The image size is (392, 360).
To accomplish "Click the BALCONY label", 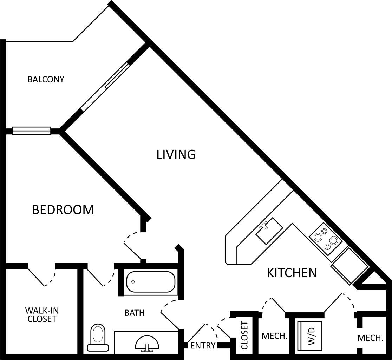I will [x=46, y=79].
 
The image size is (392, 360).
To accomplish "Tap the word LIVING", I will [x=176, y=154].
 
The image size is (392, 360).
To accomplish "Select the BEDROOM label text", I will [x=63, y=210].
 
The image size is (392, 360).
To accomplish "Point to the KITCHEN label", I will [x=292, y=273].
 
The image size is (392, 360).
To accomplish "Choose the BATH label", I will [x=135, y=313].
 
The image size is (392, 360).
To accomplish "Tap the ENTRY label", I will [x=203, y=346].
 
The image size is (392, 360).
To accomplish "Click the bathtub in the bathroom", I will [x=151, y=281].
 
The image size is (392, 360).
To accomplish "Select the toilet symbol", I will [x=97, y=338].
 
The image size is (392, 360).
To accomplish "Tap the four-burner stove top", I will [x=326, y=238].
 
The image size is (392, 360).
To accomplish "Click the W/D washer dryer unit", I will [x=310, y=336].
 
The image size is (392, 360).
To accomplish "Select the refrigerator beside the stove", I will [x=349, y=265].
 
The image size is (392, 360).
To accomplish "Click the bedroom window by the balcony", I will [x=32, y=131].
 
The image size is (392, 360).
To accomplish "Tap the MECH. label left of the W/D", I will [x=274, y=336].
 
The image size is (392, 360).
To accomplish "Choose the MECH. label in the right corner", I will [x=370, y=338].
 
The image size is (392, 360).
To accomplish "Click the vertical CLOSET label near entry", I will [x=244, y=335].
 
